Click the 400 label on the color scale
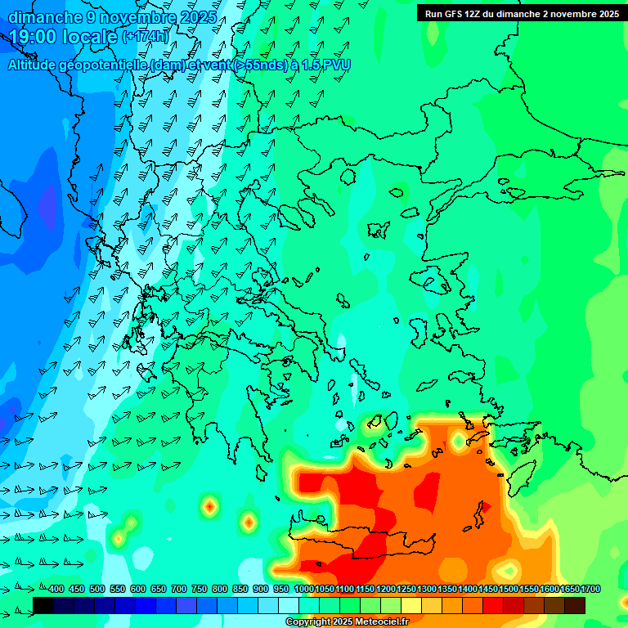[x=56, y=589]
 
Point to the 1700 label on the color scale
[x=590, y=589]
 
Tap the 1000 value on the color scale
[x=304, y=589]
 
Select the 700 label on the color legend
[x=179, y=589]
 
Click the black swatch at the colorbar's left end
[x=43, y=605]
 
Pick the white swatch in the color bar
[x=289, y=605]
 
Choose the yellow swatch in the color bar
[x=411, y=605]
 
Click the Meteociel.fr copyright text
[x=347, y=622]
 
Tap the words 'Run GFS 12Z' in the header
[x=452, y=14]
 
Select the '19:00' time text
[x=37, y=37]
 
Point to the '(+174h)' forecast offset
[x=145, y=37]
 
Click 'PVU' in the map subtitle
[x=337, y=65]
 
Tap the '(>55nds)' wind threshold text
[x=259, y=65]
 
